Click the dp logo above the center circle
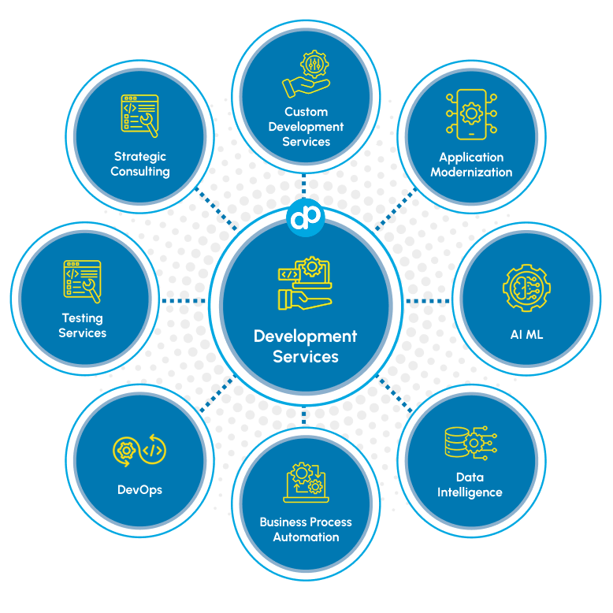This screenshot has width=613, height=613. pos(306,217)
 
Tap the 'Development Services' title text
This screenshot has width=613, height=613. pos(306,347)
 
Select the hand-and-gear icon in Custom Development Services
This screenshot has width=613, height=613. pos(306,74)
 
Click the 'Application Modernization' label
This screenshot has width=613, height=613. pos(471,165)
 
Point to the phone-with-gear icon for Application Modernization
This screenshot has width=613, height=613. pos(471,115)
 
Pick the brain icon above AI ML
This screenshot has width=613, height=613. pos(526,288)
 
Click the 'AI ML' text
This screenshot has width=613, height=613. pos(526,334)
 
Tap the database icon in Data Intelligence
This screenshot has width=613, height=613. pos(470,443)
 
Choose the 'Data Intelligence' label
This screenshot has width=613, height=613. pos(470,485)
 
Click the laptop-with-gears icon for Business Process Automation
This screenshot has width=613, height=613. pos(306,482)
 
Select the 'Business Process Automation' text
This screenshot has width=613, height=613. pos(306,529)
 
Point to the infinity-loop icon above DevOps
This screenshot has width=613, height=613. pos(140,451)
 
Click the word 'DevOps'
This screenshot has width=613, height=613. pos(139,489)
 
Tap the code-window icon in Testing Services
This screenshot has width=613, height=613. pos(82,281)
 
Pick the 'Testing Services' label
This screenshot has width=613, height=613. pos(83,325)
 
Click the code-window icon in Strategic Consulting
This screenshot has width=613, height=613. pos(140,117)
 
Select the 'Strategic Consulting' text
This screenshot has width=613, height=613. pos(140,164)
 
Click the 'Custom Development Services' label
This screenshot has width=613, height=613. pos(306,127)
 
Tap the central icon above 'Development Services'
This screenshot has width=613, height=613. pos(306,284)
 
